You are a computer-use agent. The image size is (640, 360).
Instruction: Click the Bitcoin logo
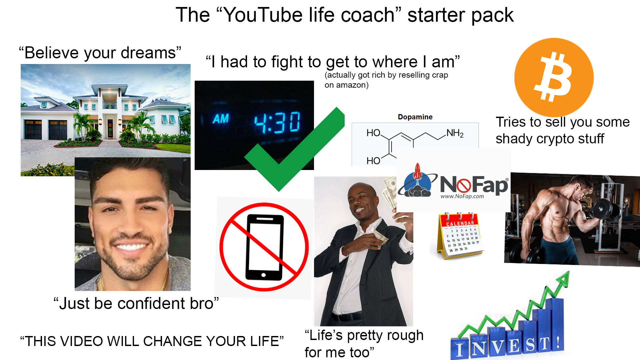click(x=554, y=77)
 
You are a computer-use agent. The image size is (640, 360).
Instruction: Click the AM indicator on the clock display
click(x=221, y=119)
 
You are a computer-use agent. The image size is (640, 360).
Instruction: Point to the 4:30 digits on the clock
click(x=277, y=122)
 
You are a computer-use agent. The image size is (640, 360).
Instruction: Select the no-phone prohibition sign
click(x=264, y=247)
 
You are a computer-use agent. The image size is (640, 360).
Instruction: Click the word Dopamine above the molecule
click(x=415, y=117)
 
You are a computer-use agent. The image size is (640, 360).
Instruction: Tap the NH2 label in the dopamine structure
click(x=455, y=133)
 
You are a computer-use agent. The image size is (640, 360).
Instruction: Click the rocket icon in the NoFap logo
click(x=417, y=172)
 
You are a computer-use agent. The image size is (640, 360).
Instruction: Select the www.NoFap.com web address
click(x=462, y=196)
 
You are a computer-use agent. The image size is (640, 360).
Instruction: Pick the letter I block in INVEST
click(x=460, y=349)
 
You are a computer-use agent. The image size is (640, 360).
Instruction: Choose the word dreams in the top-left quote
click(x=148, y=53)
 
